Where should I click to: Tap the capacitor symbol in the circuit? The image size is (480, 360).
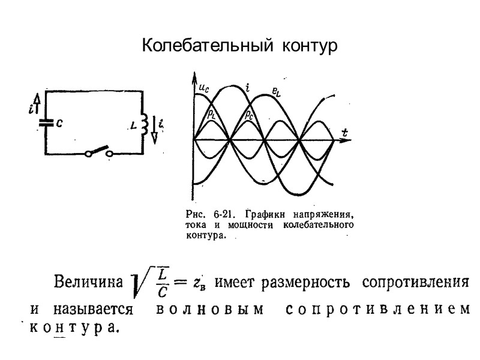[x=46, y=121]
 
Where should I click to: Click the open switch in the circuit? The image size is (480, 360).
[x=100, y=151]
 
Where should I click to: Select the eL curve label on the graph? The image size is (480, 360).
[x=277, y=92]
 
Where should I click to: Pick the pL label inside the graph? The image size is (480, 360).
[x=212, y=113]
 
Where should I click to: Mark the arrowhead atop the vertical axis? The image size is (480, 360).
[x=194, y=77]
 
